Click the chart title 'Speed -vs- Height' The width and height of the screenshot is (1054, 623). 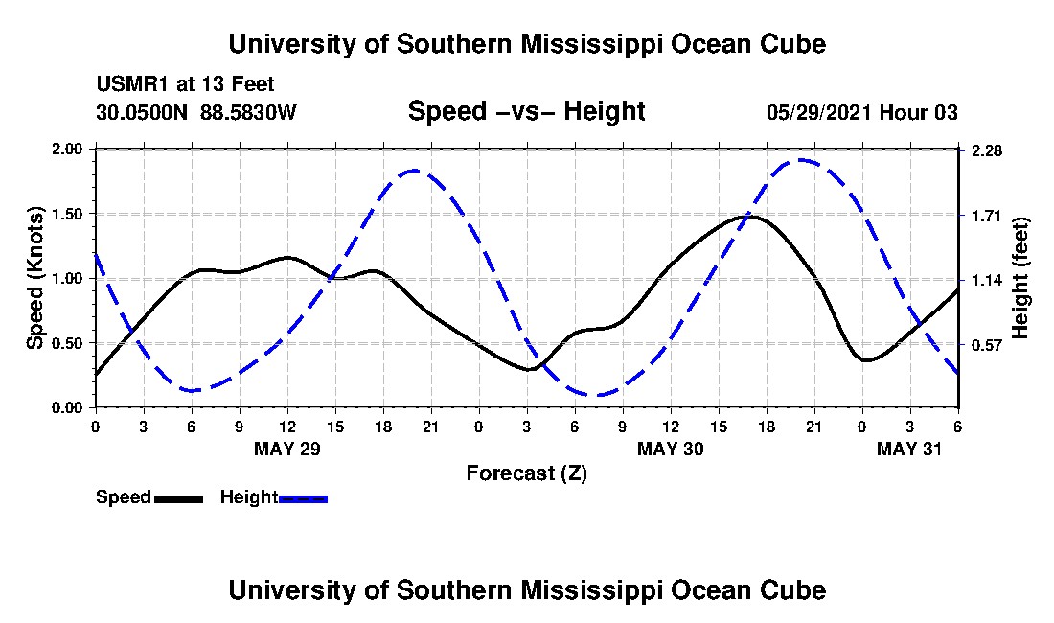(x=526, y=112)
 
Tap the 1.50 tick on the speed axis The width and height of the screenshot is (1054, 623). (x=72, y=214)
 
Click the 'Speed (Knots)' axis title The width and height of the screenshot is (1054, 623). (x=34, y=278)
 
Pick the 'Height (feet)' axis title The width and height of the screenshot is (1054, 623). (x=1020, y=278)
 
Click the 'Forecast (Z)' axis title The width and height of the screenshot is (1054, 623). (x=526, y=473)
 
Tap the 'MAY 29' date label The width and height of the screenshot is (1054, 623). (x=287, y=449)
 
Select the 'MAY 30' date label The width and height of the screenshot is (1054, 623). (x=671, y=449)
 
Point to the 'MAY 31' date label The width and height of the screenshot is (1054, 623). (x=910, y=449)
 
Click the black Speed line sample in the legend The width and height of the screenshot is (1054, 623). (x=178, y=498)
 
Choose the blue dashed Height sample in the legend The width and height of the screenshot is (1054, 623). (x=303, y=498)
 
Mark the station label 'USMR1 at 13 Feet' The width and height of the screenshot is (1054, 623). (x=185, y=84)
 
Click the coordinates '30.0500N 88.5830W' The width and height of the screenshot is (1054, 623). (x=196, y=112)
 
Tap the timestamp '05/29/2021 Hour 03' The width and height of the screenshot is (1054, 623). (x=861, y=112)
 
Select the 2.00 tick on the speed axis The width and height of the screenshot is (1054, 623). (x=72, y=150)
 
